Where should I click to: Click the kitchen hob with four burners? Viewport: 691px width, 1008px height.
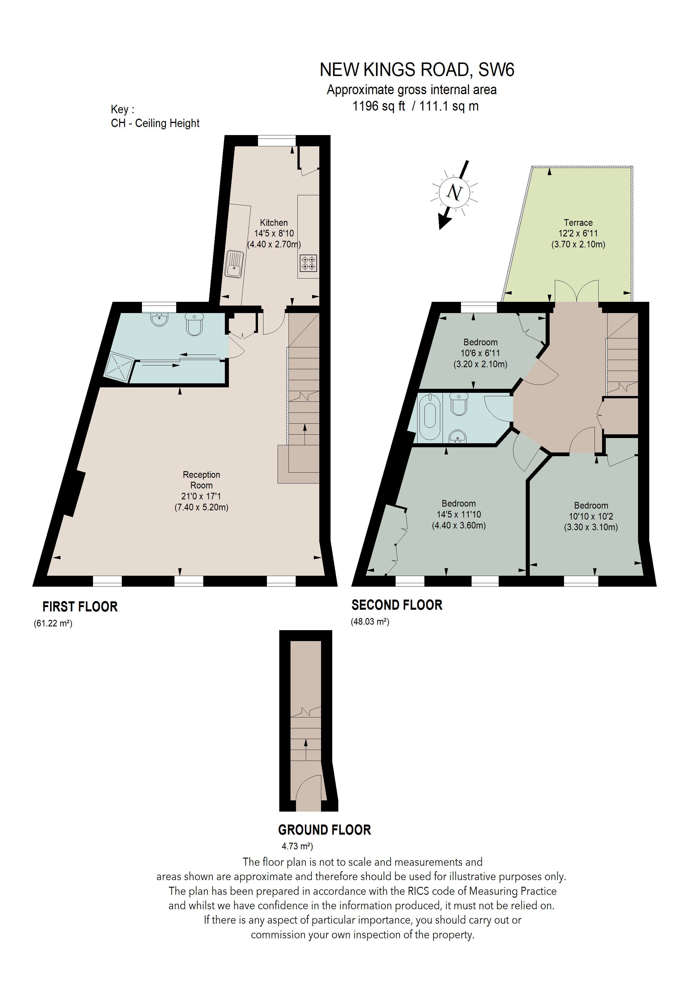coord(308,263)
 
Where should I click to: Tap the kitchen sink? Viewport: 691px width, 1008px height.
coord(234,264)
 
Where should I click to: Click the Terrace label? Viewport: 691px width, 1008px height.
coord(578,223)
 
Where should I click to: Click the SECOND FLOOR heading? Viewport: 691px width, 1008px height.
coord(397,605)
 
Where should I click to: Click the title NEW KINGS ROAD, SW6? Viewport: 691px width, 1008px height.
coord(417,70)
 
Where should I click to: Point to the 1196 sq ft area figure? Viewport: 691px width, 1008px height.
coord(378,106)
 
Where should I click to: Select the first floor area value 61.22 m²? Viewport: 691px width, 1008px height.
coord(53,623)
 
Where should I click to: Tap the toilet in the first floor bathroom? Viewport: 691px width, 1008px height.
coord(194,324)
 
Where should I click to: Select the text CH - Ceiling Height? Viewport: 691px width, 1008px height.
coord(155,123)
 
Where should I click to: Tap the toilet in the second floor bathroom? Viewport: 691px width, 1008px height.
coord(459,404)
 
